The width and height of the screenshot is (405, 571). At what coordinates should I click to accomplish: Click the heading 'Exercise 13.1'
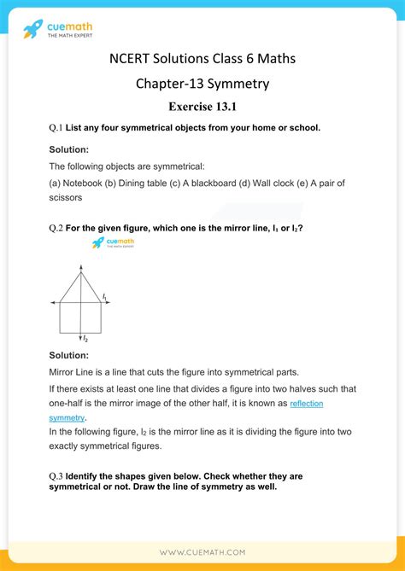coord(202,108)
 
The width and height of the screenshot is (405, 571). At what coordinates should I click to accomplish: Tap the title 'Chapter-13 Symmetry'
coord(202,84)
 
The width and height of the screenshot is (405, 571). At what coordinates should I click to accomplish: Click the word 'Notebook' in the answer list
coord(84,183)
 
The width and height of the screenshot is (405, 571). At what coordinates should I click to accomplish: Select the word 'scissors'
coord(65,197)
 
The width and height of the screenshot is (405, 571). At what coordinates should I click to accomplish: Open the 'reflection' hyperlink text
coord(307,403)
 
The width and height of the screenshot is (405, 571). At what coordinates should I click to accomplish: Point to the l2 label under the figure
coord(85,340)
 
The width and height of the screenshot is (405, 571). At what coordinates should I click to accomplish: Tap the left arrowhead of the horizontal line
coord(53,302)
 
